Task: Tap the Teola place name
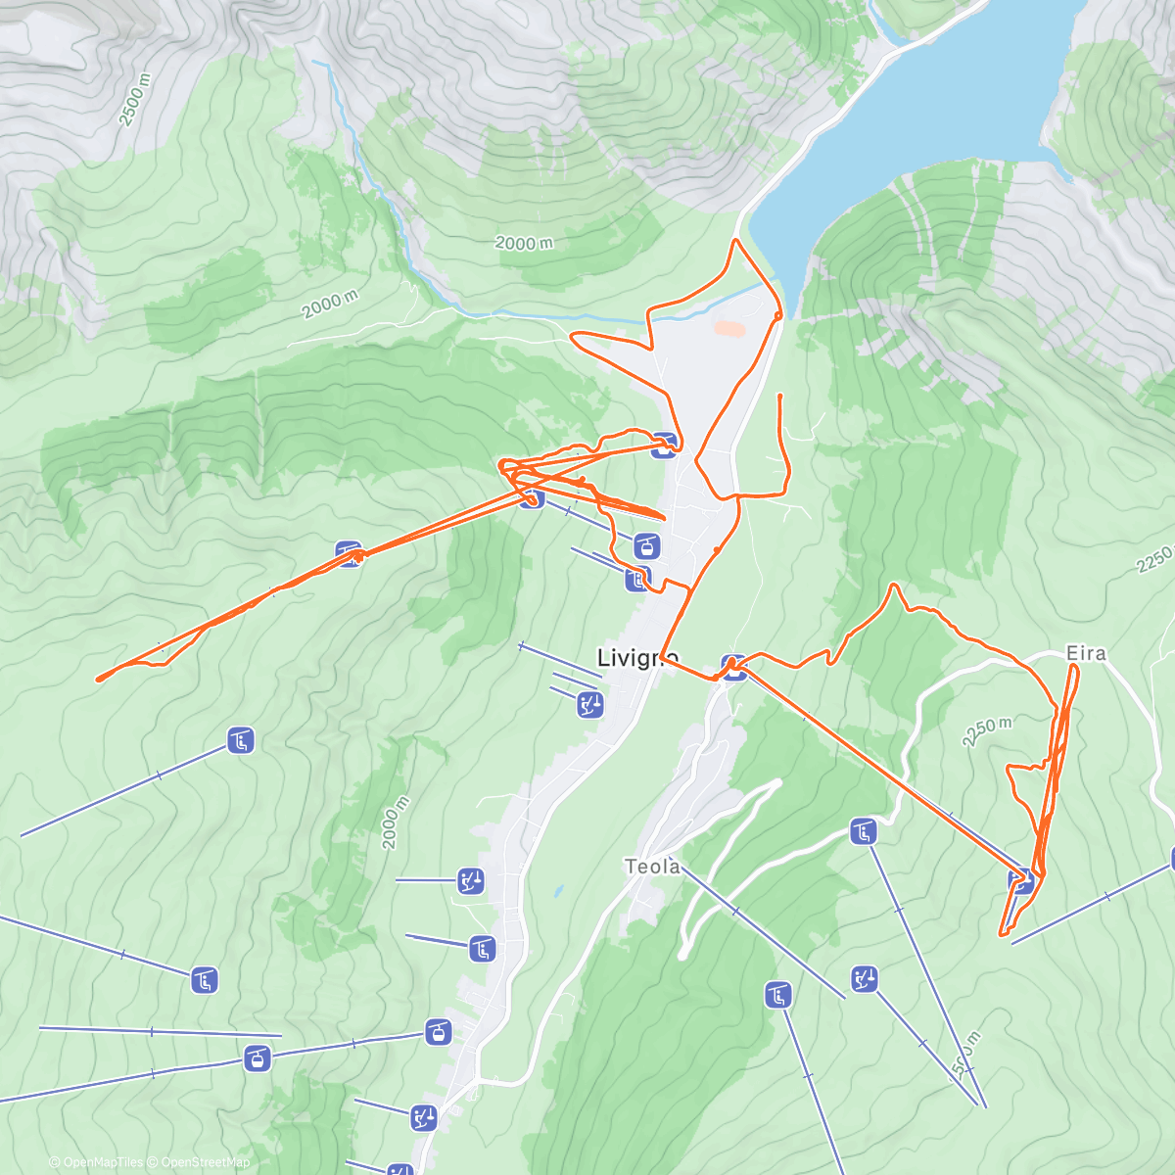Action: [x=652, y=867]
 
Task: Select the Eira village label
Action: [x=1086, y=653]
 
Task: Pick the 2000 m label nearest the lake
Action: [x=524, y=243]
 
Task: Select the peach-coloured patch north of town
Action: [x=728, y=329]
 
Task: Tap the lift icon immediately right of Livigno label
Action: [x=734, y=667]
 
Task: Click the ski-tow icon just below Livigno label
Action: [x=589, y=704]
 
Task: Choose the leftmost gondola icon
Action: [x=257, y=1057]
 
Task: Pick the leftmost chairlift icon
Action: [x=204, y=979]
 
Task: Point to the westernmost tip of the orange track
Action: [x=97, y=678]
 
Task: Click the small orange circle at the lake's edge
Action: [x=777, y=315]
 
